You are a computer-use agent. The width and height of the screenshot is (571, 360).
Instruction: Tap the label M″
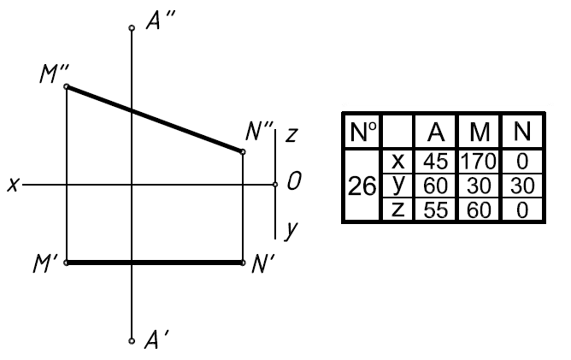click(x=53, y=75)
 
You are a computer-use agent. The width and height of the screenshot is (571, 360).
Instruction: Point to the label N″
click(x=258, y=131)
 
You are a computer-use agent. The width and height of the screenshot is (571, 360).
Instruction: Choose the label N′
click(x=262, y=263)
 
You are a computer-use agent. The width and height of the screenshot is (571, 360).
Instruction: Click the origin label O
click(x=294, y=181)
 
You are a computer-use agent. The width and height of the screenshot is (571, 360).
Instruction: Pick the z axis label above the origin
click(x=291, y=134)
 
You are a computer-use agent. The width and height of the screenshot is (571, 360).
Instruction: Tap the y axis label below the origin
click(x=291, y=228)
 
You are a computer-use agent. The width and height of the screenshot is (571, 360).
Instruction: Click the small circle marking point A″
click(x=131, y=28)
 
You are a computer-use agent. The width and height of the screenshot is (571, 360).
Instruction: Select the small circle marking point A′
click(x=131, y=340)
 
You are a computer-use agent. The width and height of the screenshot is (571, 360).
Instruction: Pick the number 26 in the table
click(x=362, y=186)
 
